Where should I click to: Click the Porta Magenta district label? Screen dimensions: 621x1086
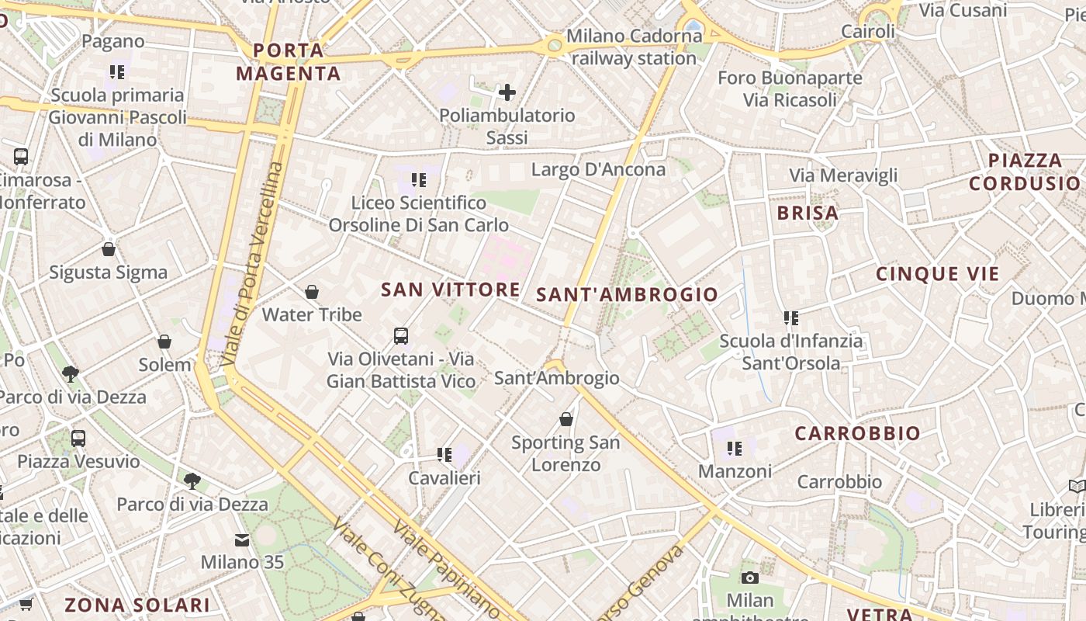click(x=289, y=62)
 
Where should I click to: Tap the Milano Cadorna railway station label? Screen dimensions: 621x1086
click(x=634, y=47)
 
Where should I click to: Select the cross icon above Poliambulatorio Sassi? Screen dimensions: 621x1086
click(x=507, y=93)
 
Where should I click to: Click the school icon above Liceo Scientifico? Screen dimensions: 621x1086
click(x=419, y=180)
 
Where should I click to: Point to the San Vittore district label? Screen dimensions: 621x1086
click(x=451, y=290)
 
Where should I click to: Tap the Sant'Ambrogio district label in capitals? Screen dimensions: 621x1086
click(x=628, y=294)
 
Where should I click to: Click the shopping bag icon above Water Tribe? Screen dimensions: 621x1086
click(x=312, y=292)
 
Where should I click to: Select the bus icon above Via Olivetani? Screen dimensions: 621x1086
click(x=401, y=336)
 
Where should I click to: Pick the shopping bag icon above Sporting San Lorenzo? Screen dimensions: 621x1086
click(x=566, y=419)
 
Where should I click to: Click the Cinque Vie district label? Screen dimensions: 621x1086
click(x=938, y=273)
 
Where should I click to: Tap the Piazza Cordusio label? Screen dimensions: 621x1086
click(x=1025, y=172)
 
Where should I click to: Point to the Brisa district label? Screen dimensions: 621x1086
click(x=808, y=213)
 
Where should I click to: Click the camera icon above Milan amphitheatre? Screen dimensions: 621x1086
click(x=749, y=578)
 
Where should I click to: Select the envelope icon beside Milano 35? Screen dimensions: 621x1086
click(x=242, y=539)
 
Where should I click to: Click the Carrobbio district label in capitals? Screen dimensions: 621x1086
click(x=857, y=433)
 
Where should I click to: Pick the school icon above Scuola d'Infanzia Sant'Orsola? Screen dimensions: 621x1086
click(x=791, y=317)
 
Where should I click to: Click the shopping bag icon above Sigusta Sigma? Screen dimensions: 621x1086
click(x=109, y=249)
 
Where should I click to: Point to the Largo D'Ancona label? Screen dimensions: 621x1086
click(x=598, y=169)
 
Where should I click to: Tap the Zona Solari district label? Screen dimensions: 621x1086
click(x=137, y=605)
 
